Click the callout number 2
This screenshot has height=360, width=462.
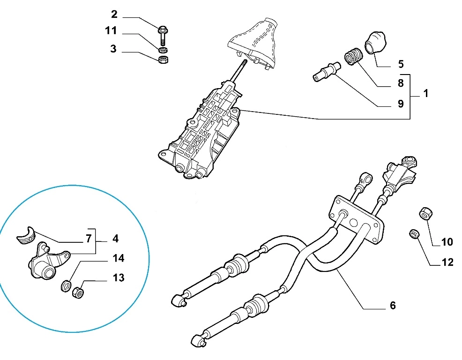coord(114,14)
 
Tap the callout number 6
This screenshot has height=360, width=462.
coord(393,306)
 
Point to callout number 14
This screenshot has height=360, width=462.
coord(118,258)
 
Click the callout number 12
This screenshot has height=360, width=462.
coord(447,262)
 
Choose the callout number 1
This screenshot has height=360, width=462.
coord(425,93)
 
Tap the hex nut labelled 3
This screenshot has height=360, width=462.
coord(164,60)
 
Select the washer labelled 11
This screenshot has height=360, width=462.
coord(163,49)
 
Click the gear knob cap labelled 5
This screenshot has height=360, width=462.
coord(375,43)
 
